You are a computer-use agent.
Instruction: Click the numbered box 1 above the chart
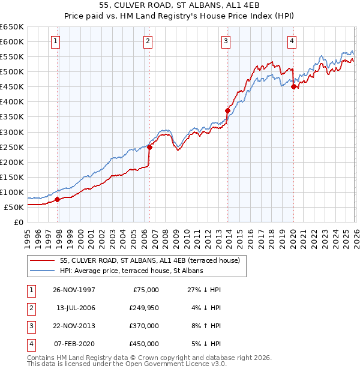point(55,41)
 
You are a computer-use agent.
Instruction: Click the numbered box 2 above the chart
point(147,41)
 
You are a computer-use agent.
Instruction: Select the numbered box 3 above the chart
point(226,41)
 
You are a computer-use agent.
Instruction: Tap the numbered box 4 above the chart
point(291,41)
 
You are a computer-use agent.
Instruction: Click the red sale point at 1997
point(58,199)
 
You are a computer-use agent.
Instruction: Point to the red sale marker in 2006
point(149,147)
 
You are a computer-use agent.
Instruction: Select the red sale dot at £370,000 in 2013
point(227,110)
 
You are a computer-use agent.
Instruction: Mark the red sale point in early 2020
point(293,86)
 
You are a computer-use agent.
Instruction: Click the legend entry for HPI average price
point(131,271)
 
